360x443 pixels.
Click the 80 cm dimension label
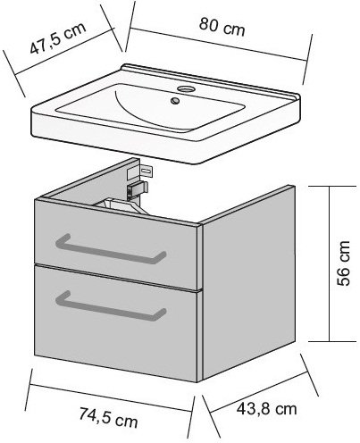pos(222,27)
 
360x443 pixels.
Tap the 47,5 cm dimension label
pos(58,38)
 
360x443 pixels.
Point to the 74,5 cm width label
pos(108,417)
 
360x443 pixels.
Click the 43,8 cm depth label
pos(266,409)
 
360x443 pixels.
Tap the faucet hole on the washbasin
pos(186,88)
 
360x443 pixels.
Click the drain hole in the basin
pos(175,100)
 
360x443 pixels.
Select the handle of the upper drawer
pos(110,249)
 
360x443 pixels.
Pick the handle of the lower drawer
pos(110,306)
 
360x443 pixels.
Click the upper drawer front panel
pos(115,245)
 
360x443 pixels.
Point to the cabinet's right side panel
pos(248,282)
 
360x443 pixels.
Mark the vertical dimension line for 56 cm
pos(330,263)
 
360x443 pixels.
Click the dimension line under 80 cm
pos(218,45)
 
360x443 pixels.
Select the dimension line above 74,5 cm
pos(110,397)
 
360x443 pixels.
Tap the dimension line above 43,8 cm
pos(258,392)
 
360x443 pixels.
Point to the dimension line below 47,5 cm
pos(64,51)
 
